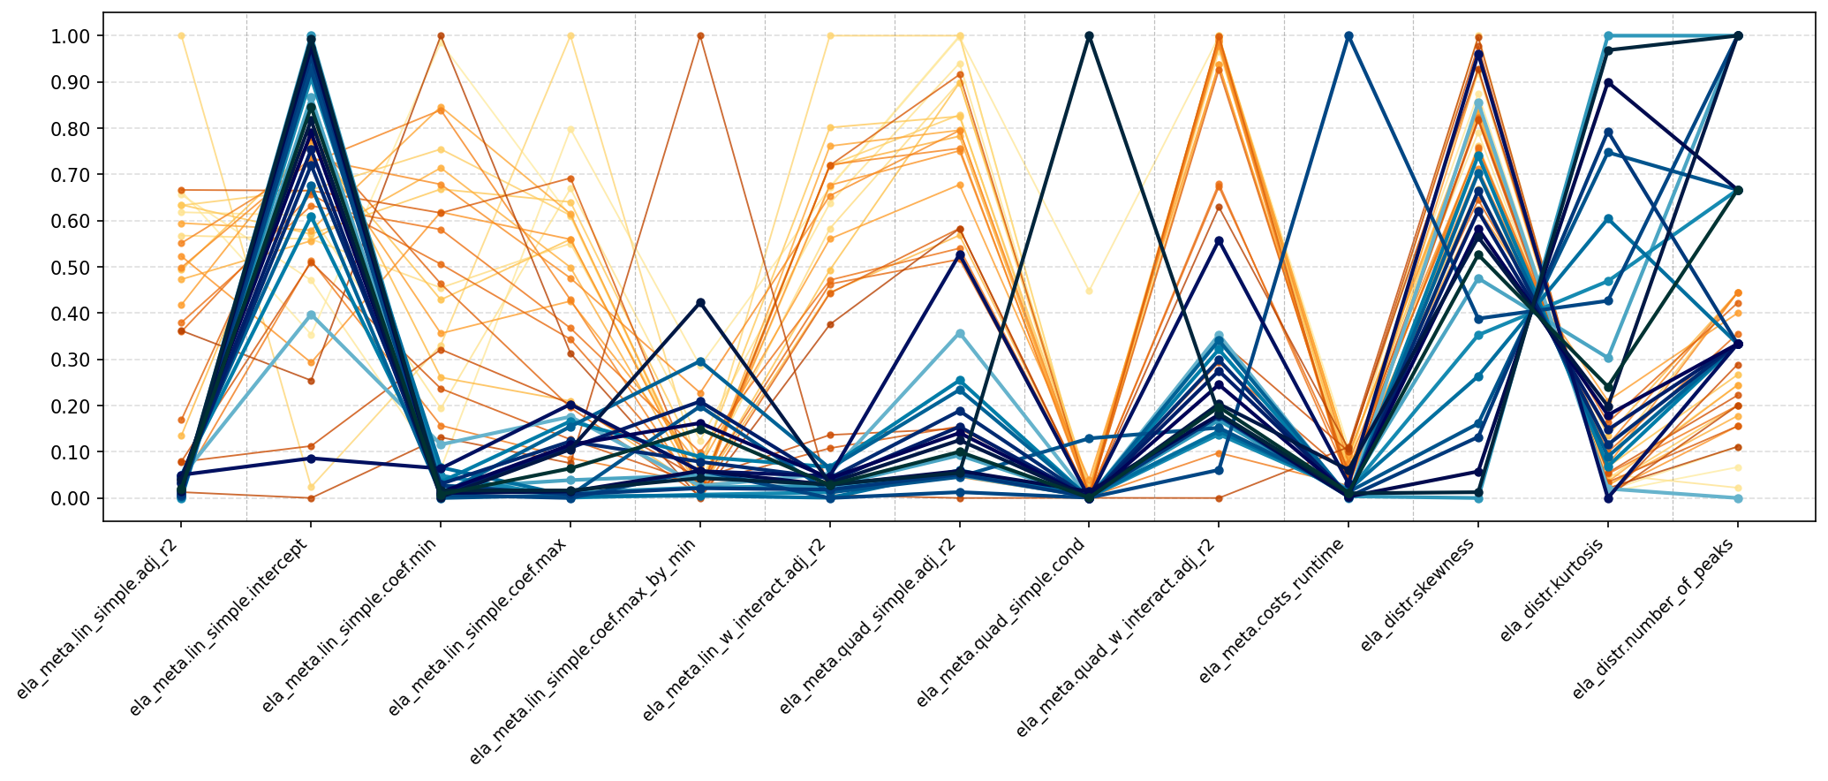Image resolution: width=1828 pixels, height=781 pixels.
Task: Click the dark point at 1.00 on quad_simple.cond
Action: tap(1089, 36)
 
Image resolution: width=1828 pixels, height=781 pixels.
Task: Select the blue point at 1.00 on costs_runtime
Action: tap(1348, 36)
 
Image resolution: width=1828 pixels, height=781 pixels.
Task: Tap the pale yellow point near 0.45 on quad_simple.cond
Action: tap(1089, 291)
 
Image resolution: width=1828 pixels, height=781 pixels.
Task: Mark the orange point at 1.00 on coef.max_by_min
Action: tap(700, 36)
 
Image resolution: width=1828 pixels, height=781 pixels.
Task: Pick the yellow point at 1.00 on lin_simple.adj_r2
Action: tap(181, 36)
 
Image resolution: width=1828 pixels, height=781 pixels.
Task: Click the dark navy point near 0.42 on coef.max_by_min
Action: tap(700, 303)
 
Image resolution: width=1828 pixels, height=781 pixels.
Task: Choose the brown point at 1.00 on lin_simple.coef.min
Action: tap(441, 36)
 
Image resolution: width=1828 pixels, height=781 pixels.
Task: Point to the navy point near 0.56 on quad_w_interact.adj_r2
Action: tap(1219, 240)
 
